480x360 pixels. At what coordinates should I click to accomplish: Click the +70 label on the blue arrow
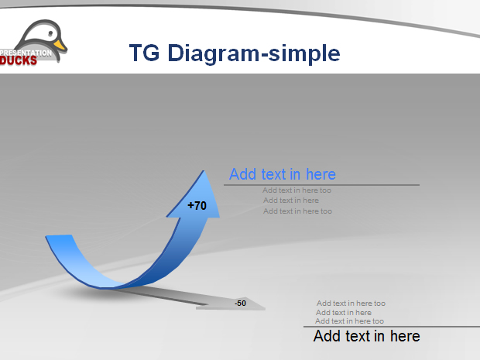coord(197,205)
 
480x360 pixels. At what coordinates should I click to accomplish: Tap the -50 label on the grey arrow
coord(240,303)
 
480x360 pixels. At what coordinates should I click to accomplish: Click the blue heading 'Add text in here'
coord(283,174)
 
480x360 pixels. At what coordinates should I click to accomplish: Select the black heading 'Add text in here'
coord(366,336)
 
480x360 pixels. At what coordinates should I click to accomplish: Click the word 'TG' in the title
coord(144,53)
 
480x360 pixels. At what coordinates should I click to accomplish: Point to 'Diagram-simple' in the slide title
coord(254,53)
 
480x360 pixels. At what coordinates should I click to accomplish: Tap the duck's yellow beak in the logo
coord(60,45)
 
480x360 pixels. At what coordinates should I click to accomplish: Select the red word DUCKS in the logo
coord(19,60)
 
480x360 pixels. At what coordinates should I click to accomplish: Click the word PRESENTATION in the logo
coord(26,53)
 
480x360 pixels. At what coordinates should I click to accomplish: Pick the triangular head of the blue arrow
coord(196,196)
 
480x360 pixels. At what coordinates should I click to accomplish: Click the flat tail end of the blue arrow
coord(59,235)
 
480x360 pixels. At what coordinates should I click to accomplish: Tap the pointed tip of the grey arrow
coord(265,309)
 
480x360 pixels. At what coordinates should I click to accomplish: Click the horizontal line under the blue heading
coord(321,185)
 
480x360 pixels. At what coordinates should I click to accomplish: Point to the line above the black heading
coord(392,327)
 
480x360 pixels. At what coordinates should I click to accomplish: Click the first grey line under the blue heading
coord(297,190)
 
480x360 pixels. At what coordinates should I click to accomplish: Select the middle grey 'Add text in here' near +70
coord(291,201)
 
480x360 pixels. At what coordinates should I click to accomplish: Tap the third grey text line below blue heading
coord(297,211)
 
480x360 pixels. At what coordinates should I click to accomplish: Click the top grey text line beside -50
coord(351,303)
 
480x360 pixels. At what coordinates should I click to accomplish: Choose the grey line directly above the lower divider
coord(349,321)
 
